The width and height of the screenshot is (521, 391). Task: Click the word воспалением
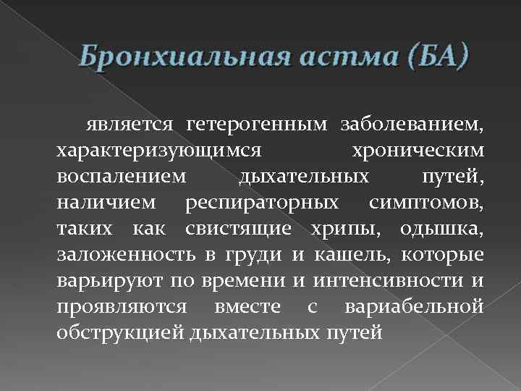click(121, 177)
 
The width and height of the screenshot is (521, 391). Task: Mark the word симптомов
click(425, 201)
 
